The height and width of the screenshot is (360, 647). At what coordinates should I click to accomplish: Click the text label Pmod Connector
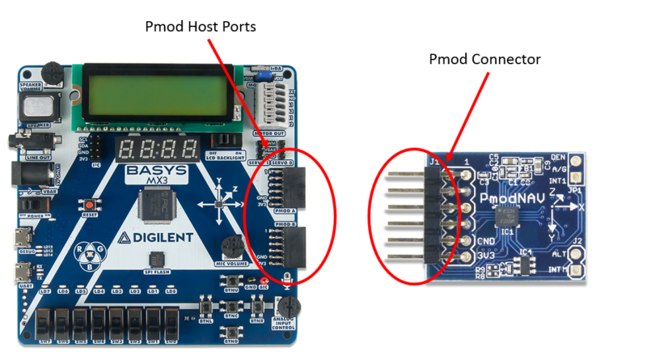click(x=484, y=59)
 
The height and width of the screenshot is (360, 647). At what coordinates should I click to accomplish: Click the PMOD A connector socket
click(x=289, y=186)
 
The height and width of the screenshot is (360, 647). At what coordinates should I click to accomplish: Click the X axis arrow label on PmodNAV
click(x=579, y=206)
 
